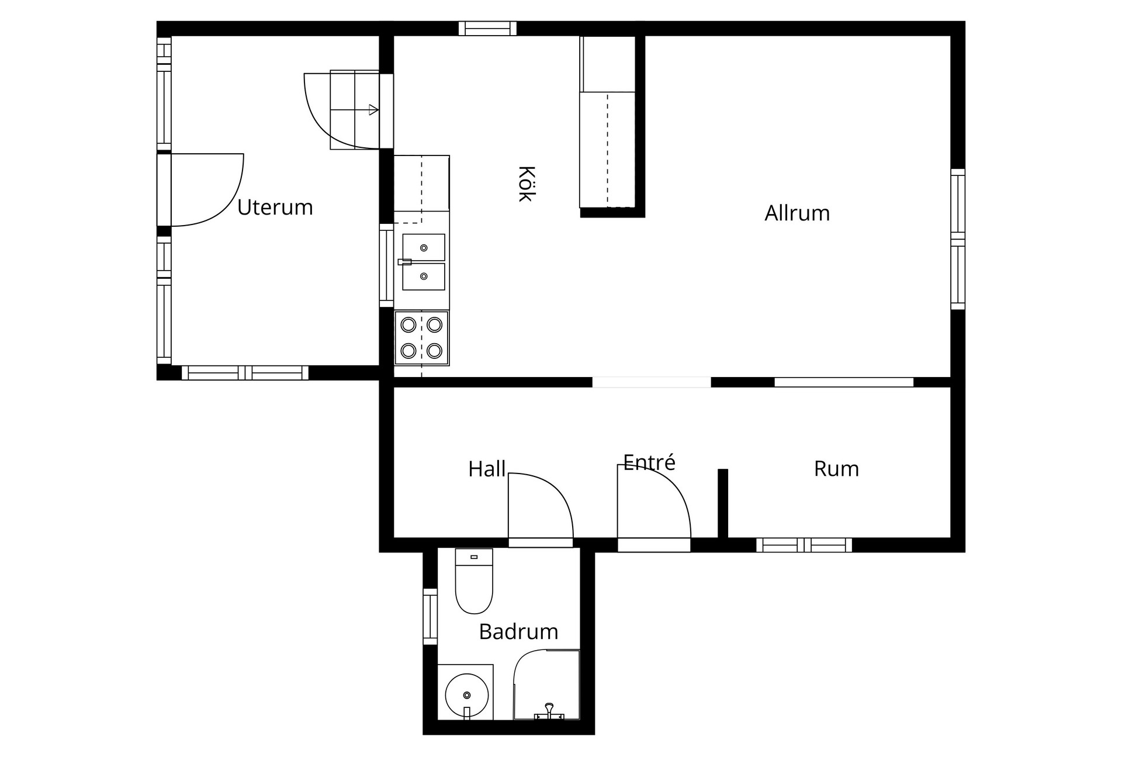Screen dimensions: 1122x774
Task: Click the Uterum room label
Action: coord(275,208)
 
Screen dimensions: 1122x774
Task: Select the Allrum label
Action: coord(797,213)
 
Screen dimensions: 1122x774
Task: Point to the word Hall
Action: coord(487,469)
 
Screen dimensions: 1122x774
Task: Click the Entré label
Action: coord(649,462)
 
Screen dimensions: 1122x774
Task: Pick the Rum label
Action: coord(836,469)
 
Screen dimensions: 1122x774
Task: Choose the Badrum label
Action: coord(518,632)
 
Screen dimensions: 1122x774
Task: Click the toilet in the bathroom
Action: coord(474,581)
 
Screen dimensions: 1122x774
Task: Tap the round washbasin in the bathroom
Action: coord(466,695)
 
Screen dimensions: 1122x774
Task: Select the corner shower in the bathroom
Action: coord(546,685)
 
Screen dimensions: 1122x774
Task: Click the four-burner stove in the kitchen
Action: coord(421,338)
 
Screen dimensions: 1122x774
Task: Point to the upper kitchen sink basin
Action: coord(424,247)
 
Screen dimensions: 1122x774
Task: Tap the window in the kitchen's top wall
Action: coord(487,29)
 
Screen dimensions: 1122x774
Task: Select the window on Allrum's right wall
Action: coord(958,239)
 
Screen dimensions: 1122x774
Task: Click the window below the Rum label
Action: coord(804,545)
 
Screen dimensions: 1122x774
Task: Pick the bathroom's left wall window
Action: coord(430,617)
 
